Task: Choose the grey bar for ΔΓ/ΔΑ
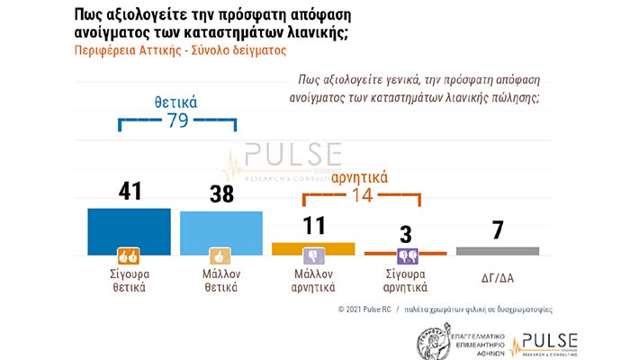(497, 250)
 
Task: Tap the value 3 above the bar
(405, 234)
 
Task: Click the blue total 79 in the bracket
(177, 121)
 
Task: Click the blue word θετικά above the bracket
(177, 102)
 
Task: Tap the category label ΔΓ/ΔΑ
(497, 276)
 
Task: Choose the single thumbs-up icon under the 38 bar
(220, 255)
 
